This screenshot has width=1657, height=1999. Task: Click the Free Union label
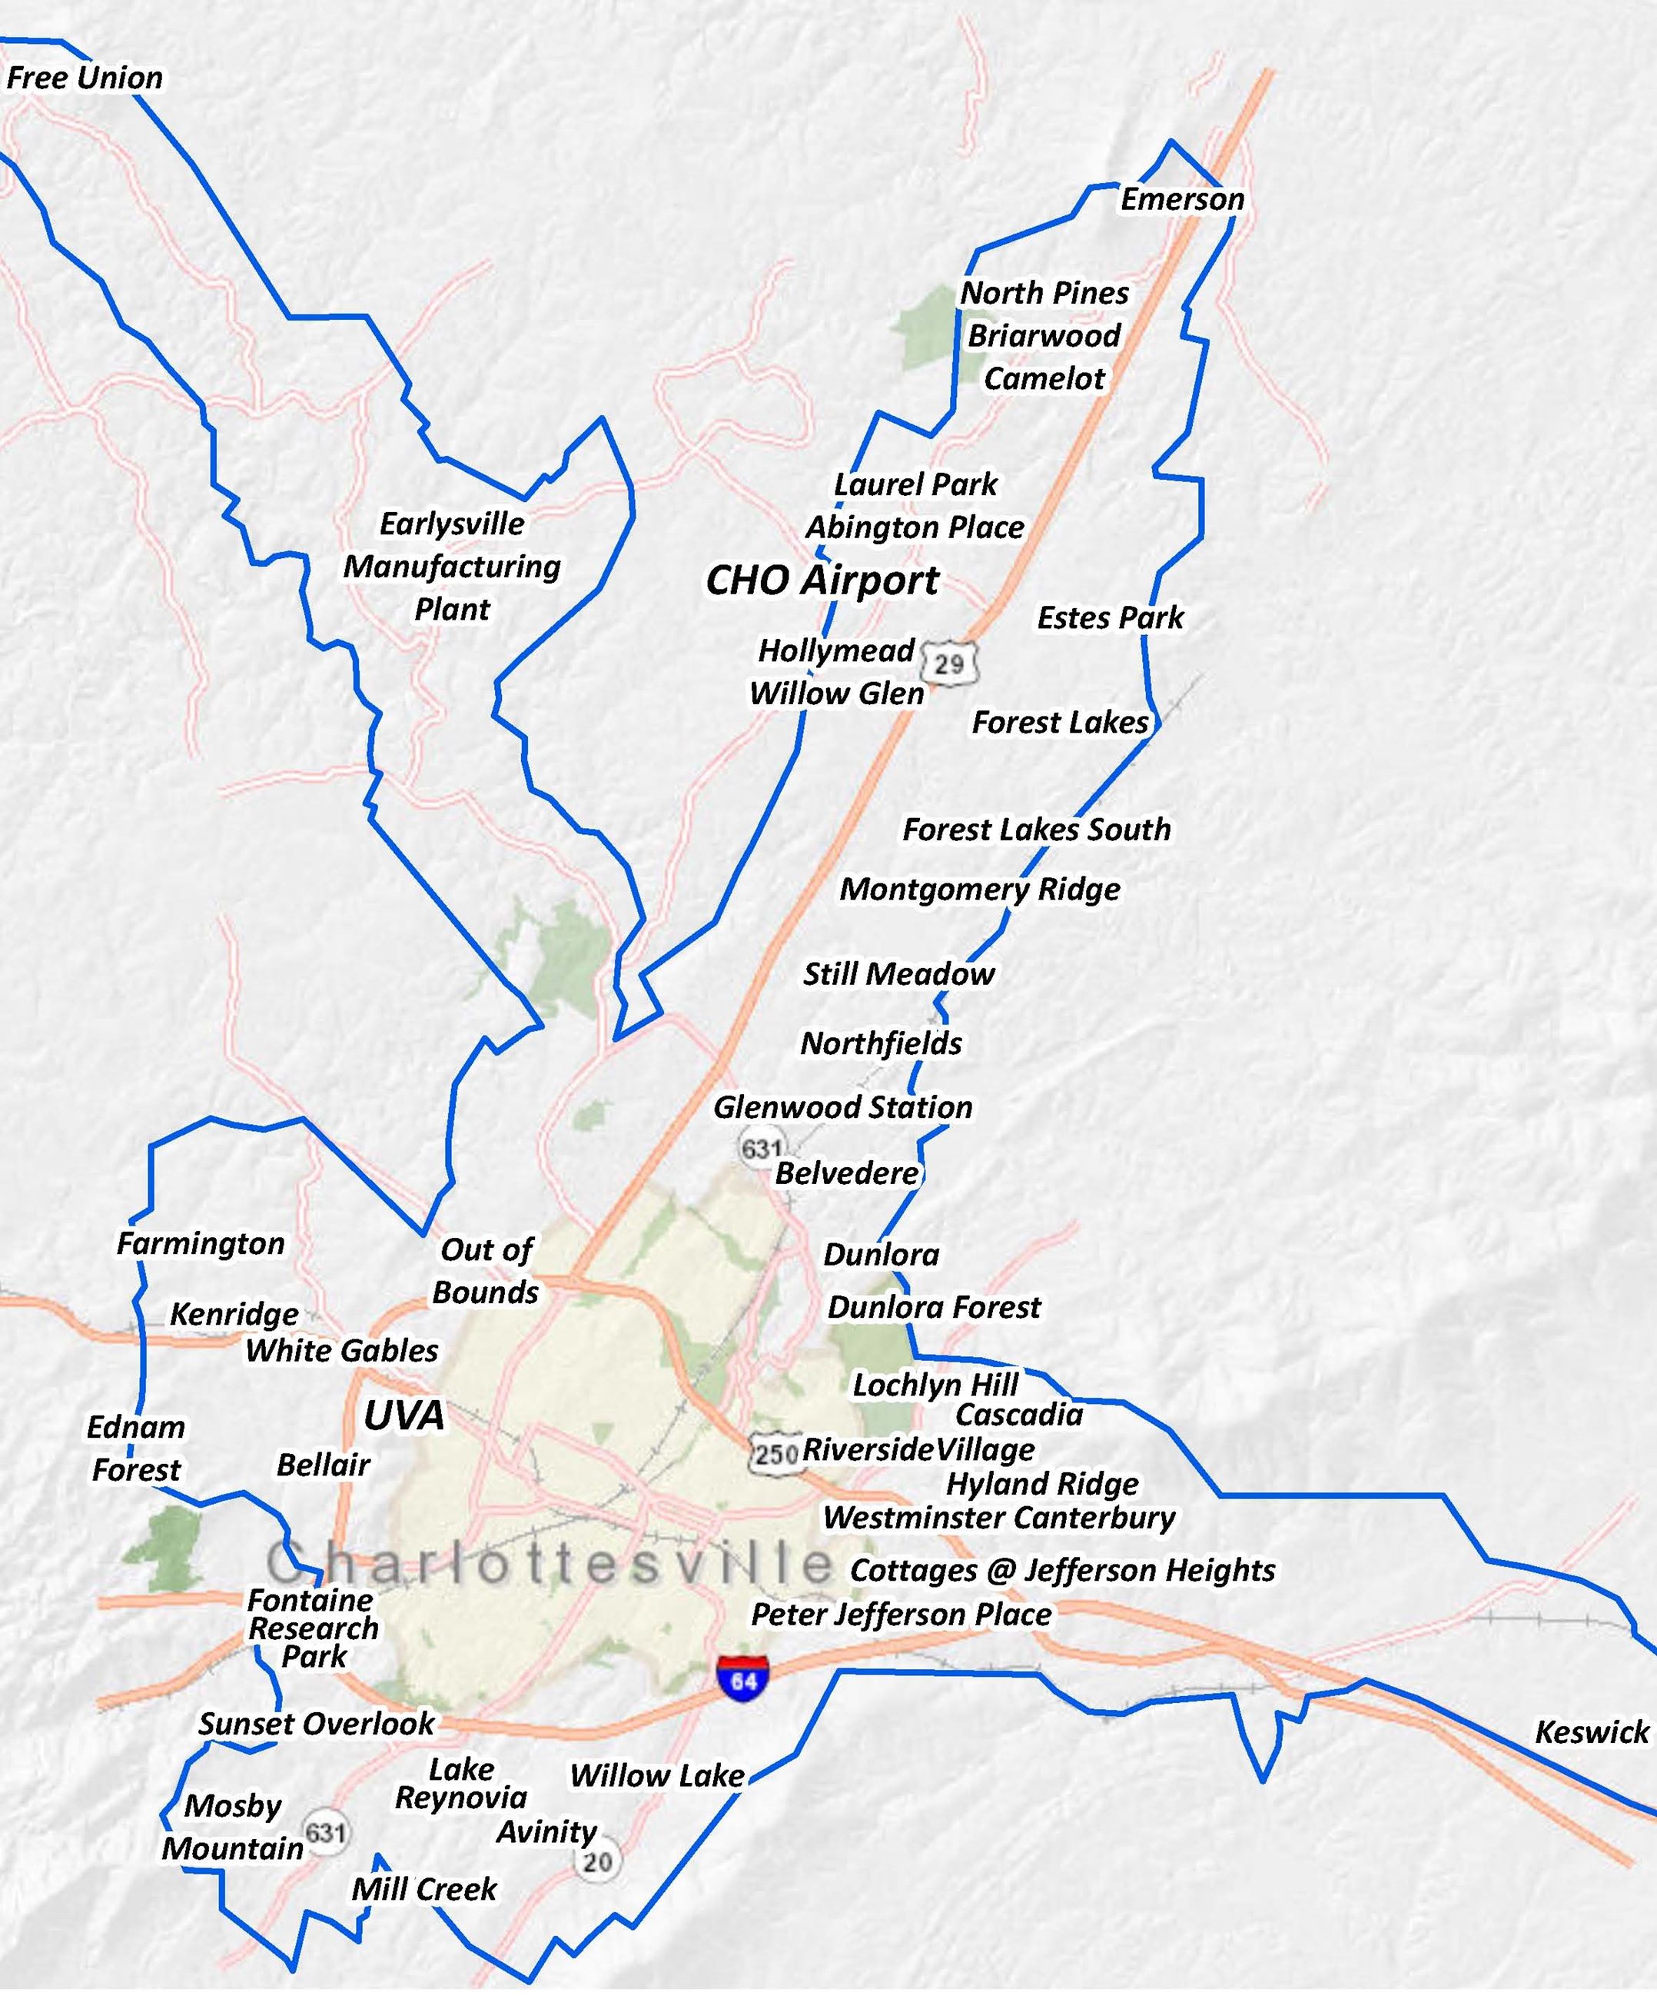pyautogui.click(x=85, y=78)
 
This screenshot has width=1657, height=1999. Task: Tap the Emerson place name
pyautogui.click(x=1182, y=200)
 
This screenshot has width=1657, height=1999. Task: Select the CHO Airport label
pyautogui.click(x=822, y=580)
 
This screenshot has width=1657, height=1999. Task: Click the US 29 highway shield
pyautogui.click(x=949, y=664)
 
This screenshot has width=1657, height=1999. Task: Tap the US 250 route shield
pyautogui.click(x=775, y=1454)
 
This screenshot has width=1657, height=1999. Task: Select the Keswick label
pyautogui.click(x=1592, y=1732)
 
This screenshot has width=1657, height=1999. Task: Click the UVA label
pyautogui.click(x=403, y=1416)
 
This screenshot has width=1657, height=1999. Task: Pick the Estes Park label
pyautogui.click(x=1110, y=618)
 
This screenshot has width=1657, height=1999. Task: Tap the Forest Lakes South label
pyautogui.click(x=1037, y=829)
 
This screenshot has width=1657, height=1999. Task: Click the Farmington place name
pyautogui.click(x=201, y=1243)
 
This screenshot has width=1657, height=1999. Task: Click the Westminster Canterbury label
pyautogui.click(x=998, y=1518)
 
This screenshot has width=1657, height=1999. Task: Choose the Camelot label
pyautogui.click(x=1044, y=379)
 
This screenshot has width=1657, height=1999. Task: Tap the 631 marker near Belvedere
pyautogui.click(x=762, y=1149)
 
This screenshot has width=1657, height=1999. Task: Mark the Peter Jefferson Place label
pyautogui.click(x=902, y=1615)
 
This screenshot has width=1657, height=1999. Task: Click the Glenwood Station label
pyautogui.click(x=843, y=1107)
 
